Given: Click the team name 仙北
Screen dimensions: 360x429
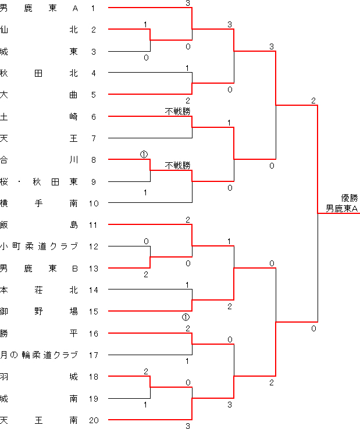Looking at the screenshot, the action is click(39, 30).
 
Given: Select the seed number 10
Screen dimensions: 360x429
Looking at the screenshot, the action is click(94, 203).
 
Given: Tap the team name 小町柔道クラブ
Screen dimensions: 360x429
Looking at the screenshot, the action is click(39, 246).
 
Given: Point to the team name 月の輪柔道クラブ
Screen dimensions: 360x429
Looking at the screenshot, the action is click(39, 355).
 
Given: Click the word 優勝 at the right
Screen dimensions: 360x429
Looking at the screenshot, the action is click(350, 198).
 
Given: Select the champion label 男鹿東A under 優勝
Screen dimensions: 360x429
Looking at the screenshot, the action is click(341, 209).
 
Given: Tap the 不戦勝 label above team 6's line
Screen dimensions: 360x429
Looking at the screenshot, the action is click(177, 112).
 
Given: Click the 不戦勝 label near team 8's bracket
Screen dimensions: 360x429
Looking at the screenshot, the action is click(177, 166).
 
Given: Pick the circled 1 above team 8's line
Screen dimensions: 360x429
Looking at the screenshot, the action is click(144, 155).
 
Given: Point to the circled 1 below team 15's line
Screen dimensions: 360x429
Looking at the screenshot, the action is click(186, 317).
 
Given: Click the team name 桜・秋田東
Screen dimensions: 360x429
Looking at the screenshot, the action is click(39, 182).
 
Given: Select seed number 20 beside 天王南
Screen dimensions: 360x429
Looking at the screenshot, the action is click(94, 420).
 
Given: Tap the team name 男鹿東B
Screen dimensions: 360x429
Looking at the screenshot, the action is click(39, 269).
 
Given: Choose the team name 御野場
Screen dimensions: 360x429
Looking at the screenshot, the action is click(39, 312).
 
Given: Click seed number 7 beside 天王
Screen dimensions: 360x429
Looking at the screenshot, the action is click(94, 138).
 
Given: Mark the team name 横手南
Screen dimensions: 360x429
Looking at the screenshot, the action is click(39, 203).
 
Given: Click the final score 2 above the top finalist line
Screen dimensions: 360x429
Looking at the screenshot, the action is click(313, 101).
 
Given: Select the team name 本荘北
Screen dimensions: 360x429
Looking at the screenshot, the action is click(39, 290).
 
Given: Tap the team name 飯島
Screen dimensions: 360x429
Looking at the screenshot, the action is click(39, 225).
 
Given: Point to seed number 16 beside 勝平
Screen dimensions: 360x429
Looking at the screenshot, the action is click(94, 334).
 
